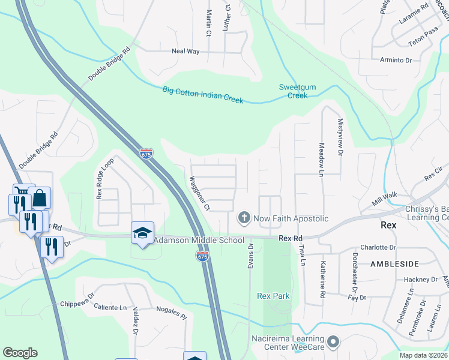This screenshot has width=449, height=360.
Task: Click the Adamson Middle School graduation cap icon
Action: tap(143, 233)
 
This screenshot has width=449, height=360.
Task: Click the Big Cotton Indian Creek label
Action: tap(203, 95)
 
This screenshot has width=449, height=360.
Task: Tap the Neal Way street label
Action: tap(185, 52)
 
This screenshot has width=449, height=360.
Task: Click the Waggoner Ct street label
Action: tap(199, 193)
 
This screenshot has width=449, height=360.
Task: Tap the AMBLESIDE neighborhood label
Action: tap(393, 263)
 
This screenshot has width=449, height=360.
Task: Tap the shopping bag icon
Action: tap(40, 197)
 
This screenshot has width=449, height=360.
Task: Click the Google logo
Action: tap(20, 353)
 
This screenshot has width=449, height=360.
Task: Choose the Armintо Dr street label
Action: tap(396, 60)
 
